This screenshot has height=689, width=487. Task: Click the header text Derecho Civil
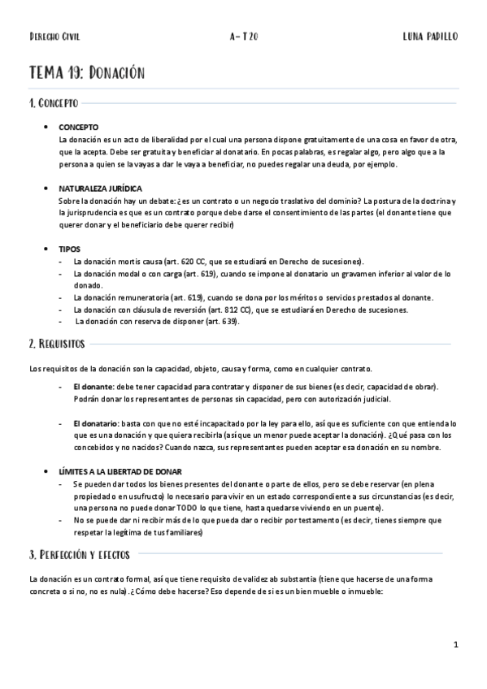coord(54,37)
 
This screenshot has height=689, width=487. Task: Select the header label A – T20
coord(244,37)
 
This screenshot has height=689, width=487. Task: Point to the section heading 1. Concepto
coord(54,104)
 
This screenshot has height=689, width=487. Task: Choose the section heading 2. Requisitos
coord(57,344)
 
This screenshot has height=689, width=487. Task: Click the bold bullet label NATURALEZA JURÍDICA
coord(95,188)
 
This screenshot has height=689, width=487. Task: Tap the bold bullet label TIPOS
coord(69,249)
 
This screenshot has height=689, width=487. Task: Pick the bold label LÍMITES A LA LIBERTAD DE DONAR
coord(120,472)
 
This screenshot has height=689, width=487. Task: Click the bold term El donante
coord(92,387)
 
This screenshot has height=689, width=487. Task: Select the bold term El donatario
coord(94,424)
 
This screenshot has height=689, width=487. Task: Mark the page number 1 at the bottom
coord(457,645)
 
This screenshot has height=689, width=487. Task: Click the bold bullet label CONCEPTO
coord(79,128)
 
